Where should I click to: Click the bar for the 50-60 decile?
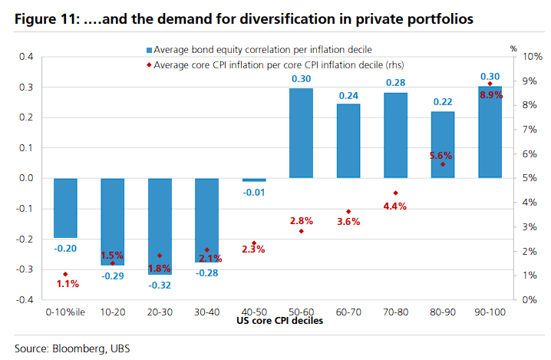301,133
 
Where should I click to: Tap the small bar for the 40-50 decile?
254,180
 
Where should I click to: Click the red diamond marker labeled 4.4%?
396,193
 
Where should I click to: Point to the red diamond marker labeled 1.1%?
65,274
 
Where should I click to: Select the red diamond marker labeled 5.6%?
443,163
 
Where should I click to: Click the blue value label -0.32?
160,284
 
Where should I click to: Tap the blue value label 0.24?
348,96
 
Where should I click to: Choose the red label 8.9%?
491,94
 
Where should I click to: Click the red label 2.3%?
254,249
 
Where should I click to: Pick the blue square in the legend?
148,50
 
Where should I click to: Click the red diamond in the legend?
148,65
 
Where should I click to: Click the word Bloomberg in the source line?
79,348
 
